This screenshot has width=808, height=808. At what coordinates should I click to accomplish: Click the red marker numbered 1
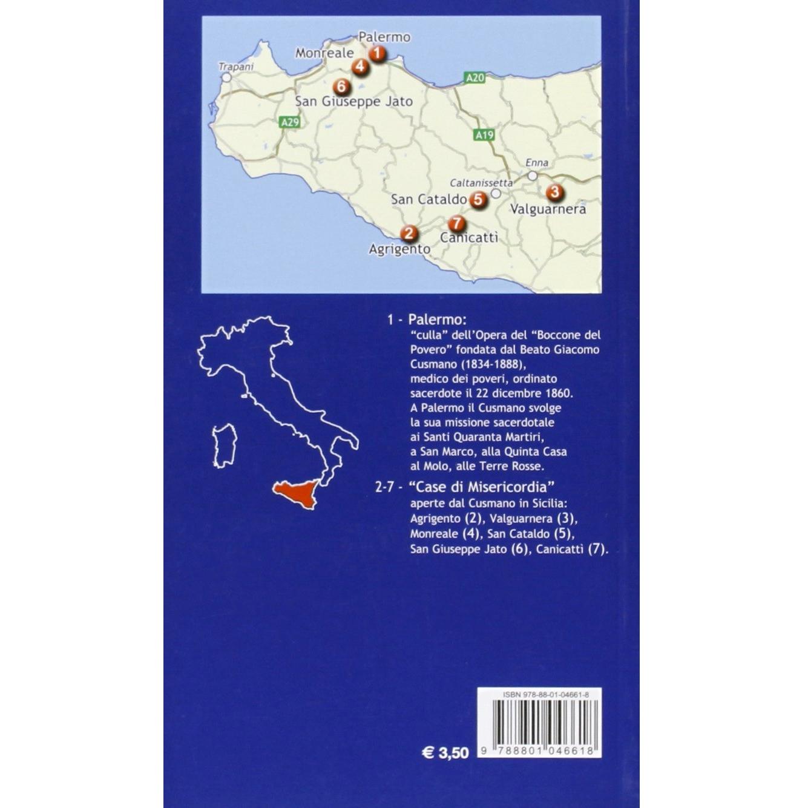(x=378, y=54)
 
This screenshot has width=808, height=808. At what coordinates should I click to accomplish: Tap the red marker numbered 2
(x=410, y=233)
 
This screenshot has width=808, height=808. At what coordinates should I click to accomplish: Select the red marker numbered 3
(x=554, y=193)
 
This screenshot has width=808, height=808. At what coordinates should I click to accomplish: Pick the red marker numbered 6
(x=341, y=87)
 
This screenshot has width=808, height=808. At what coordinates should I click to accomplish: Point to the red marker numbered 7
(x=457, y=223)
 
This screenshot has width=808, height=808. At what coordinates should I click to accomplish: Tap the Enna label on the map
(x=536, y=163)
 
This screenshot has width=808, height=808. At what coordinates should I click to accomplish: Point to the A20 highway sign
(x=475, y=77)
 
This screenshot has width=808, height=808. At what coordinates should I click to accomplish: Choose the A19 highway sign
(x=484, y=136)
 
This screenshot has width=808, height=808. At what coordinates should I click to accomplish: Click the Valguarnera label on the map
(x=548, y=209)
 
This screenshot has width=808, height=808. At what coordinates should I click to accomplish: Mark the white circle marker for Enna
(x=533, y=176)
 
